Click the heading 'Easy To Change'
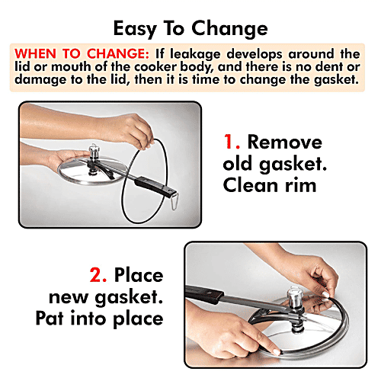pyautogui.click(x=190, y=28)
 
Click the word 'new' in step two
pyautogui.click(x=69, y=295)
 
